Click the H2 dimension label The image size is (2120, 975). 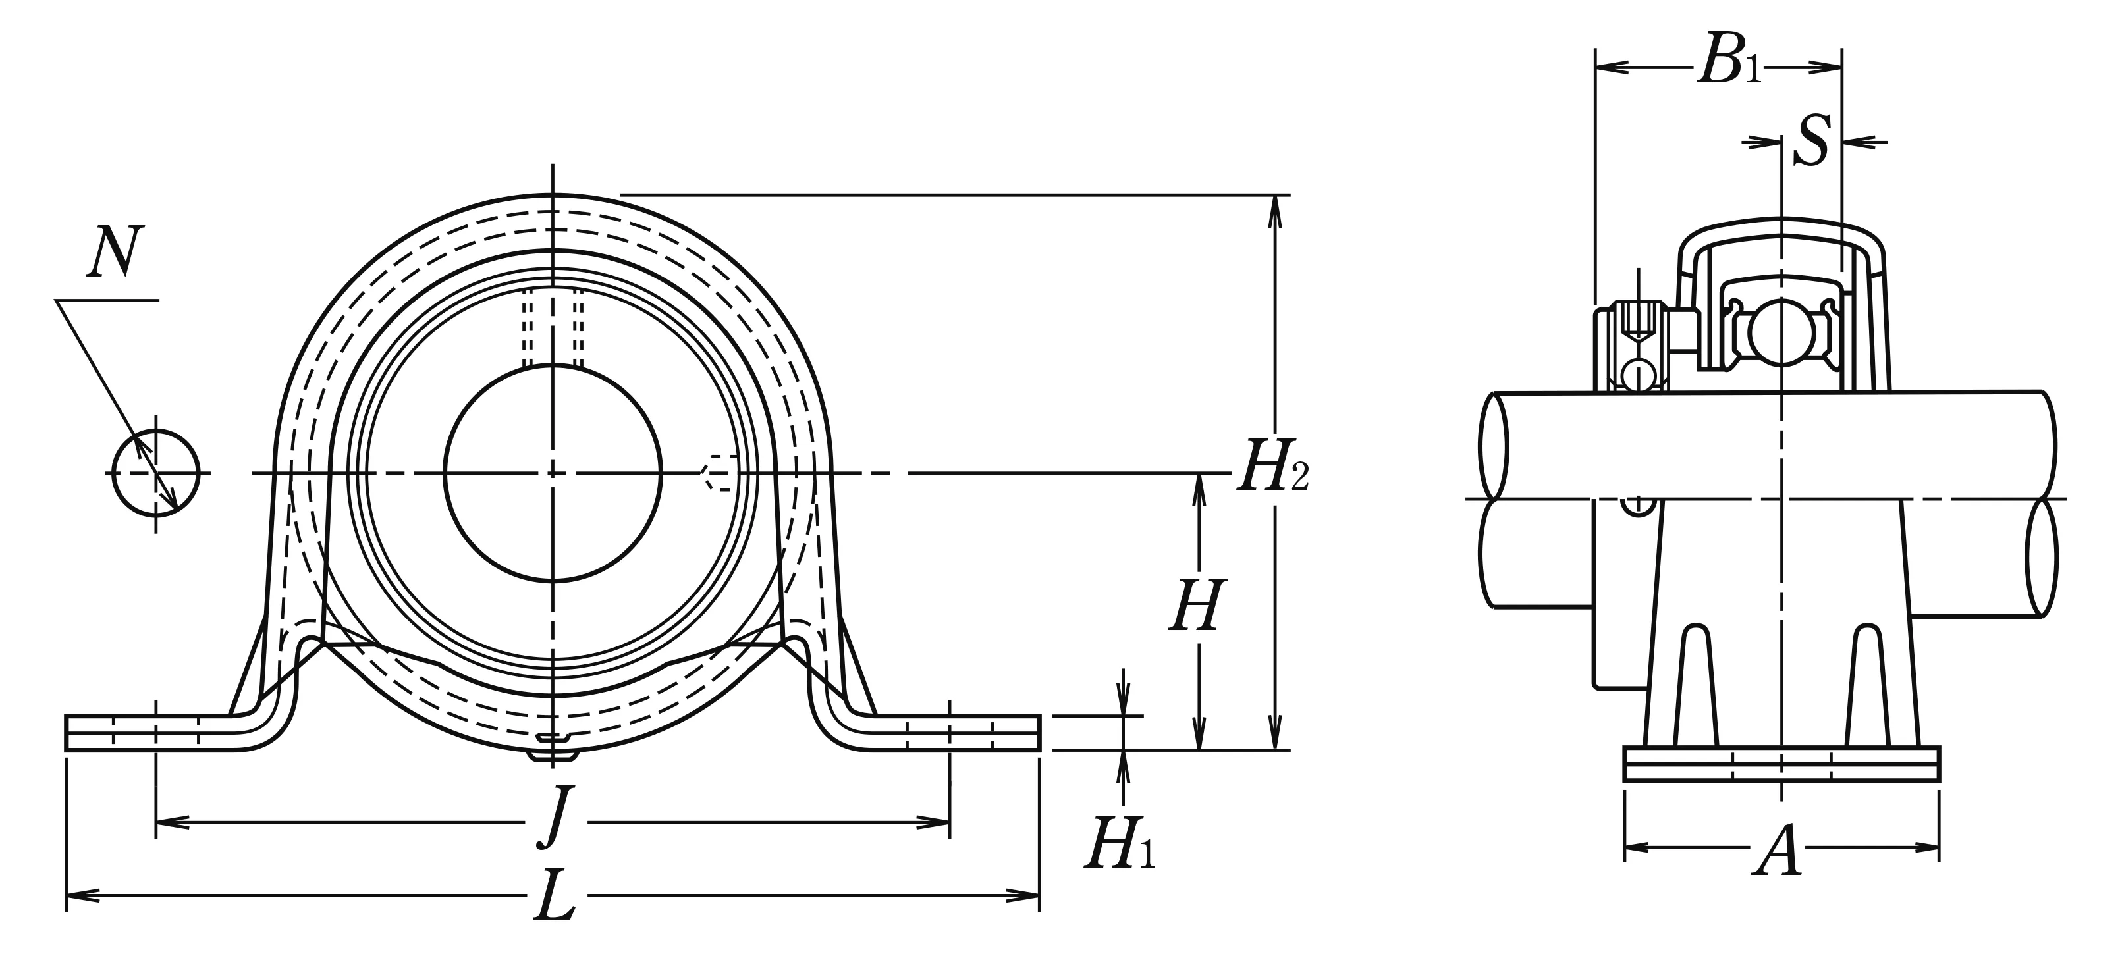click(1272, 474)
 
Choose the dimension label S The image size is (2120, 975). click(1811, 142)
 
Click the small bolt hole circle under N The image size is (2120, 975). click(156, 473)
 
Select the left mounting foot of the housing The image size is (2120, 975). click(148, 732)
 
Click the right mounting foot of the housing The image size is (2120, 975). click(955, 732)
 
